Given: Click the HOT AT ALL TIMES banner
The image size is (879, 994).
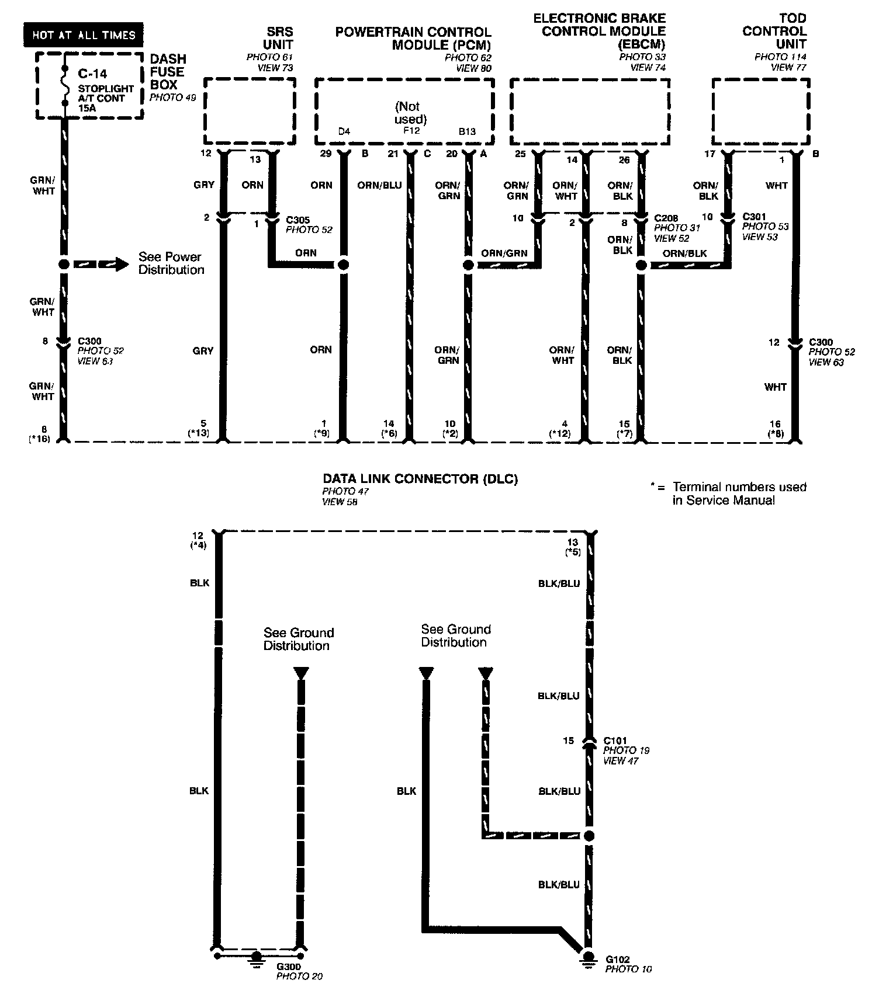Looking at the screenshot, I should point(84,35).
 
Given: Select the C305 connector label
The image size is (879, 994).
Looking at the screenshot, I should point(298,220).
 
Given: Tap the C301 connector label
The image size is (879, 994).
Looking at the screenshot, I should point(754,216).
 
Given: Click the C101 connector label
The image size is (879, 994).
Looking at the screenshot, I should point(615,740).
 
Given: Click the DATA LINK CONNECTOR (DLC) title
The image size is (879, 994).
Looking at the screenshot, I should point(420,479).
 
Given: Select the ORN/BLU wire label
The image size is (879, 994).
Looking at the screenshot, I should point(379,185).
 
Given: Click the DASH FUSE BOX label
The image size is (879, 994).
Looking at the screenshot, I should point(168,72).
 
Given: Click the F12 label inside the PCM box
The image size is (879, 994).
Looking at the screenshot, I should point(411,131).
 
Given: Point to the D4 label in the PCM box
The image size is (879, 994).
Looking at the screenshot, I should point(344,131).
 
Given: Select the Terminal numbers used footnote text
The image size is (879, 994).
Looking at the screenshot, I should point(739,493).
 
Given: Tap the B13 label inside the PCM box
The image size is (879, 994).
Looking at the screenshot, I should point(467,131).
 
